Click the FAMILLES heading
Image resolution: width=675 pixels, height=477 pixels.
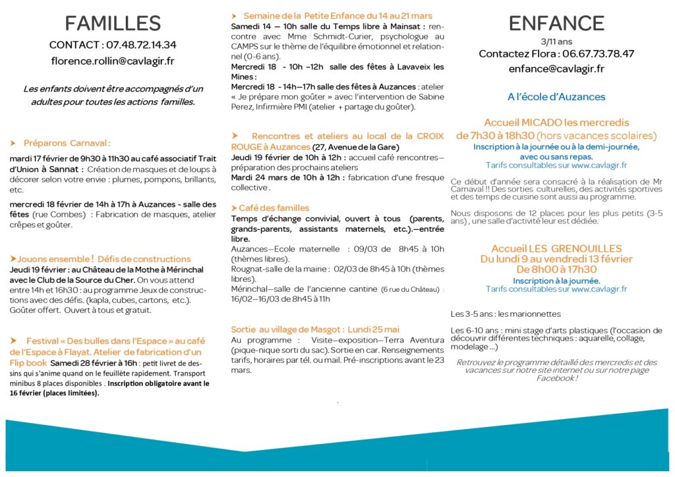113,23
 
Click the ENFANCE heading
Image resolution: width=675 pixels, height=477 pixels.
556,23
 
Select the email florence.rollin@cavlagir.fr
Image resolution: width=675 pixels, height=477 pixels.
113,61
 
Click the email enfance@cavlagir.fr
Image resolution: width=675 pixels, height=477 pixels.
556,69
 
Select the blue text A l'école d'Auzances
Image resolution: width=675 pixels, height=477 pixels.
556,97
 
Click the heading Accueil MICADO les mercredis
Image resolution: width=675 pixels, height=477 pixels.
556,123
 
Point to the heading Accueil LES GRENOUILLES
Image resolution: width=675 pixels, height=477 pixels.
556,248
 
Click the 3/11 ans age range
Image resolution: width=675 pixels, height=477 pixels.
556,41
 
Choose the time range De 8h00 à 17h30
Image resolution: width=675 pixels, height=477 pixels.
556,269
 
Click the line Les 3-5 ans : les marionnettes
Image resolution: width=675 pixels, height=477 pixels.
506,314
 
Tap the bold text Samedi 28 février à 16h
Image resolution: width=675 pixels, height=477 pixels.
94,363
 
